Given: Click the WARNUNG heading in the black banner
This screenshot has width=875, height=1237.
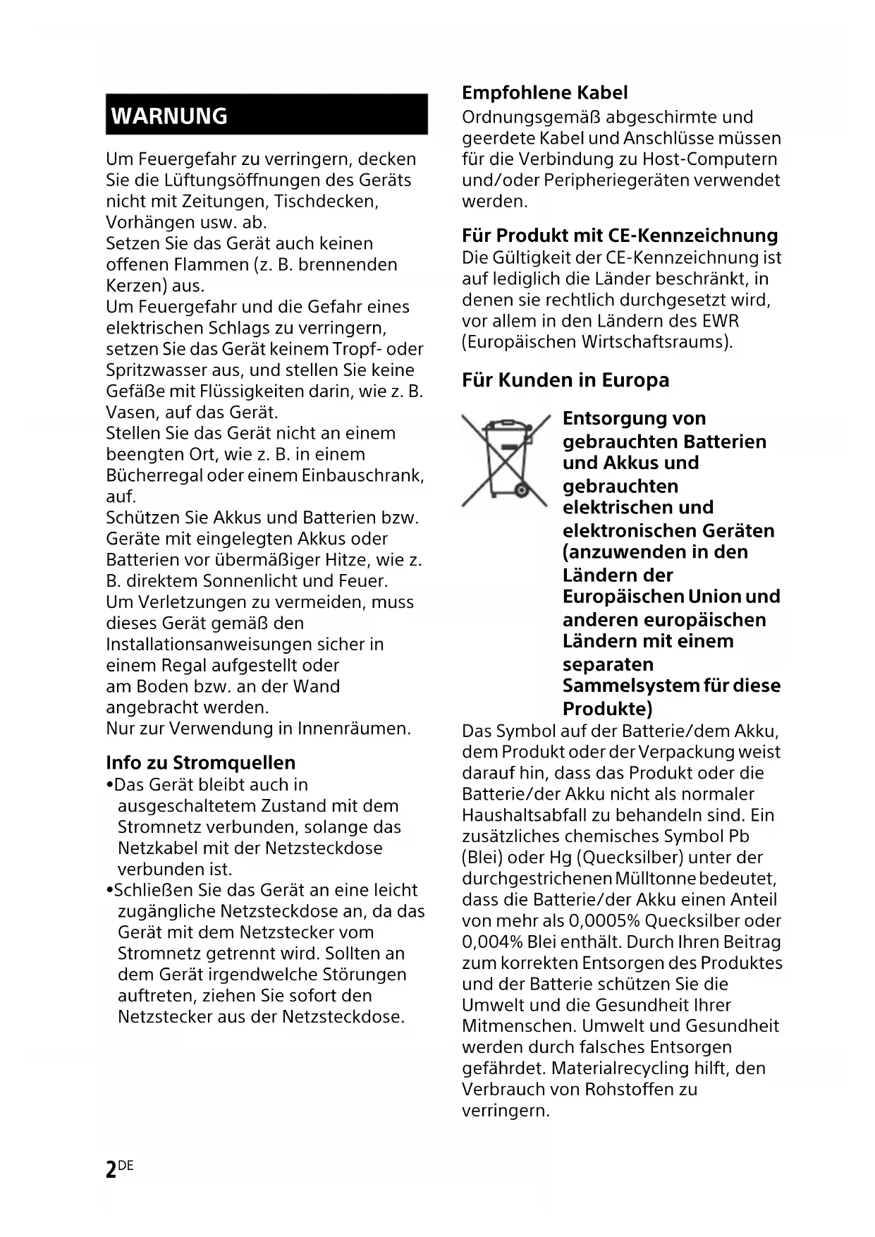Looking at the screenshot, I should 170,116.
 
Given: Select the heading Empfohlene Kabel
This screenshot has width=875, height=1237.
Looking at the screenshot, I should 544,93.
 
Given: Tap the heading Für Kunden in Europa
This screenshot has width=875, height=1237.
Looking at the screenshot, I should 565,380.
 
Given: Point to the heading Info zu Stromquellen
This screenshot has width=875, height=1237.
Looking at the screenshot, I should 200,762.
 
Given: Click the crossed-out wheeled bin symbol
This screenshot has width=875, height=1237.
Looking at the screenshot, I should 505,461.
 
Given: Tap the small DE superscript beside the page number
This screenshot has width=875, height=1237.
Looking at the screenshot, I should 126,1165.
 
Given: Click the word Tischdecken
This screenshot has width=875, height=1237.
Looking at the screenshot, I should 326,201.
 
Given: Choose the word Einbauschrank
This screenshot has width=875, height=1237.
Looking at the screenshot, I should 362,475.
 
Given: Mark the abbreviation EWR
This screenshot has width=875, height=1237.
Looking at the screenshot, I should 720,321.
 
